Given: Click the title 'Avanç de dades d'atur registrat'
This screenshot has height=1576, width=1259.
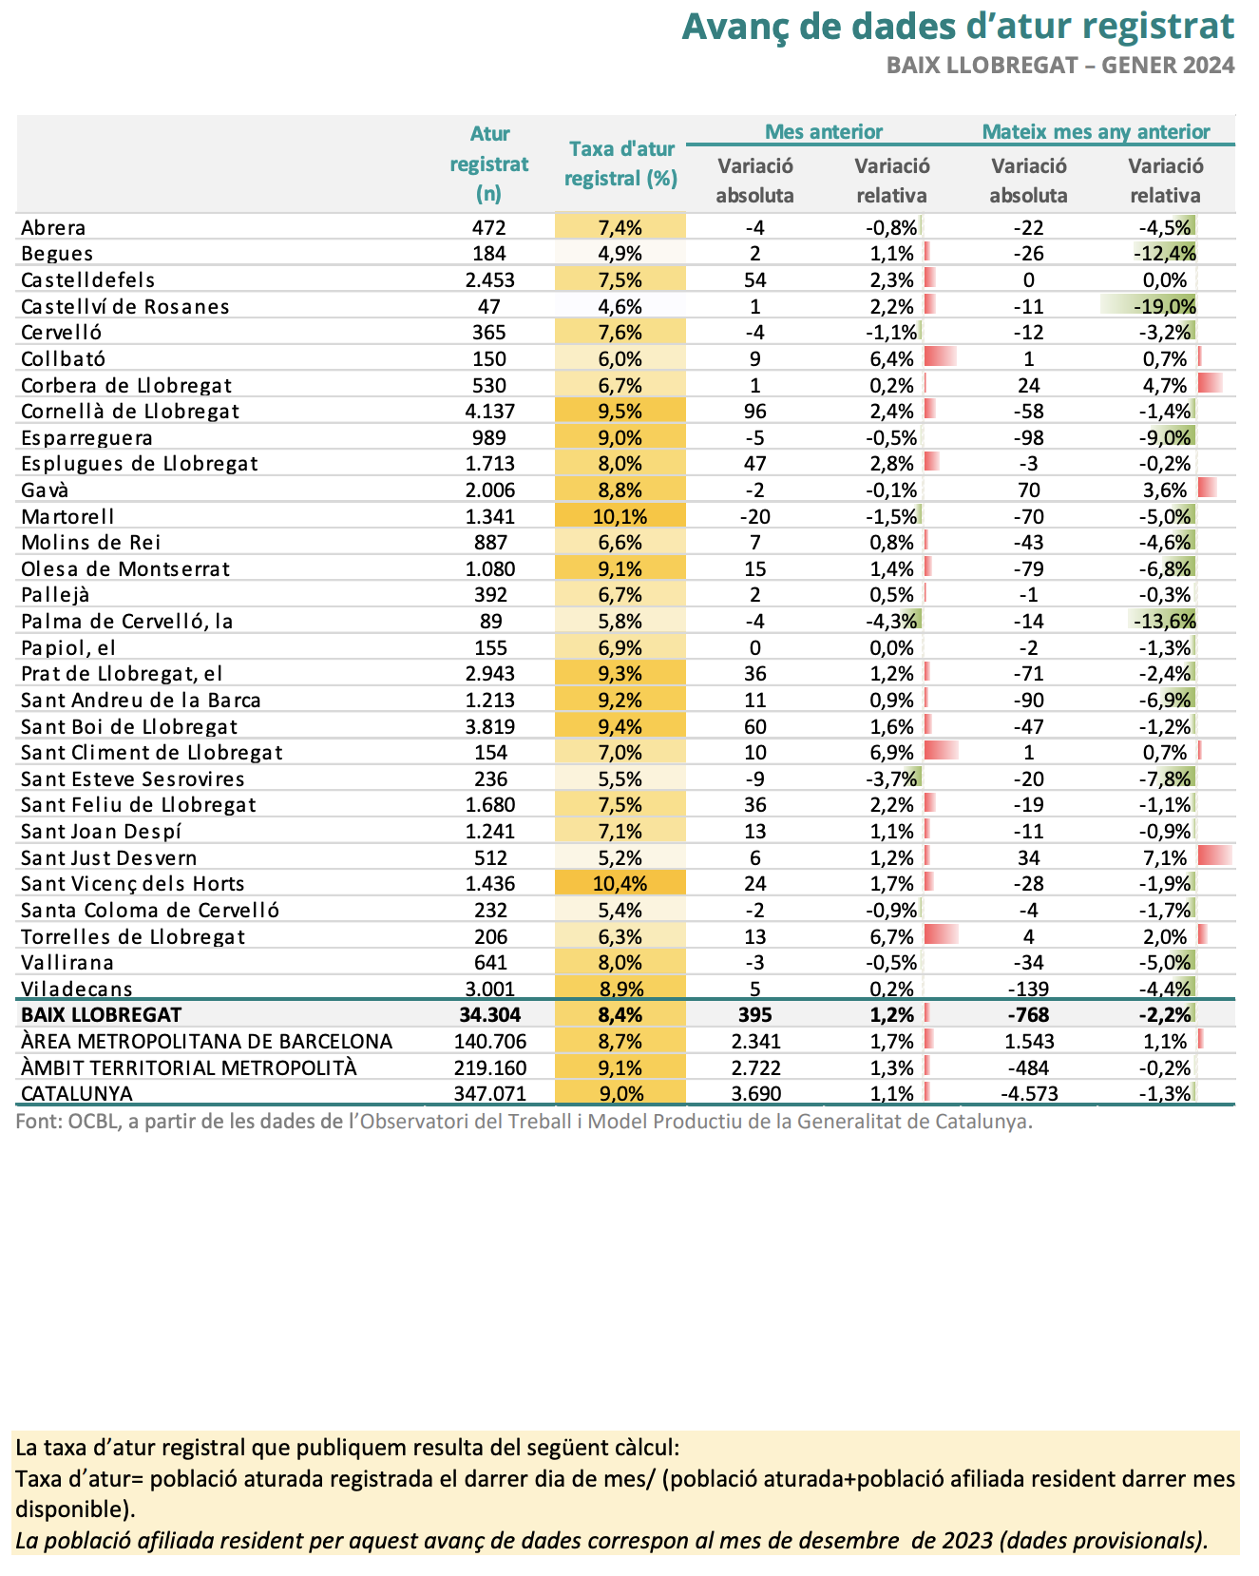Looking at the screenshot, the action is coord(959,27).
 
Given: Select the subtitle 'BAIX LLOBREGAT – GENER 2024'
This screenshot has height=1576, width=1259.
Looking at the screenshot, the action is coord(1060,65).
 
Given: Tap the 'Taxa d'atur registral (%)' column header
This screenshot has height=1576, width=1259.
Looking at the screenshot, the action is coord(621,163).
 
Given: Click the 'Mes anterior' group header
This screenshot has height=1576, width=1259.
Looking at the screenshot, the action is coord(824,132).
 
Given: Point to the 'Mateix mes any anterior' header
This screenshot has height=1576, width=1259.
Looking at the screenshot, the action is coord(1096,132).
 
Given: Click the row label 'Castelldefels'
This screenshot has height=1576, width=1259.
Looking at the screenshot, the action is coord(88,280).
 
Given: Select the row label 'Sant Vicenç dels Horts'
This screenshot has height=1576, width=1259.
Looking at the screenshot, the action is coord(133,884).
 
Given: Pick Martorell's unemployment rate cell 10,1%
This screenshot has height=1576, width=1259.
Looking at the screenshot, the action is coord(620,517).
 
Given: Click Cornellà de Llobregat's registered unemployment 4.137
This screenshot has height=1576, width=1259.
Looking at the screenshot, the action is coord(489,412).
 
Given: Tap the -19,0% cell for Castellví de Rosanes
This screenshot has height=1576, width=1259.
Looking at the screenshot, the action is coord(1165,307).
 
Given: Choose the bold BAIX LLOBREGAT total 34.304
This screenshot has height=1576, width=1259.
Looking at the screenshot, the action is coord(488,1014).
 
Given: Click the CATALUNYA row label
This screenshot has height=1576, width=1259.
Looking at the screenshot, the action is coord(77,1093).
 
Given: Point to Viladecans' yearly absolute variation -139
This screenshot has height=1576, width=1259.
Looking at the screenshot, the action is coord(1029,989).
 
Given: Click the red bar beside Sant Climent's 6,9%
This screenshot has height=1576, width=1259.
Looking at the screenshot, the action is coord(941,751).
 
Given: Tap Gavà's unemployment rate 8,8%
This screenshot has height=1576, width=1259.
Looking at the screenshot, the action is coord(620,490).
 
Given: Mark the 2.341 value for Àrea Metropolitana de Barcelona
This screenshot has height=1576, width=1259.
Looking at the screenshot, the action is coord(755,1041).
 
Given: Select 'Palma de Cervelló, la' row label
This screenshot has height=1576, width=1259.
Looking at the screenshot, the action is coord(127,622).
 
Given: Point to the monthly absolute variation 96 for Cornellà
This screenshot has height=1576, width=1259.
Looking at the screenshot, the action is coord(755,412).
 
